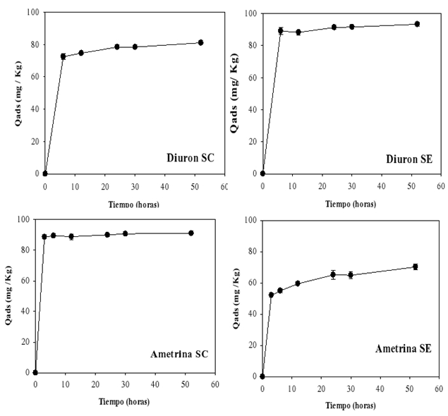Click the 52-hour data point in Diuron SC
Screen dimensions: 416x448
tap(200, 43)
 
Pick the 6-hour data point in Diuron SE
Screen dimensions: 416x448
tap(281, 31)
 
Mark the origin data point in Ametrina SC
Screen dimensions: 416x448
tap(35, 372)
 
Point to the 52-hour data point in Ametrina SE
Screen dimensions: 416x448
tap(416, 267)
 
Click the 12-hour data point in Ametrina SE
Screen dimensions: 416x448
tap(298, 283)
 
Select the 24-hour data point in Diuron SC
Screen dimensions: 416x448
tap(117, 47)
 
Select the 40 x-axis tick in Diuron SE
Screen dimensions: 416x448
tap(381, 187)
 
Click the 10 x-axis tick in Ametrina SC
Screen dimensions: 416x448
tap(66, 386)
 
